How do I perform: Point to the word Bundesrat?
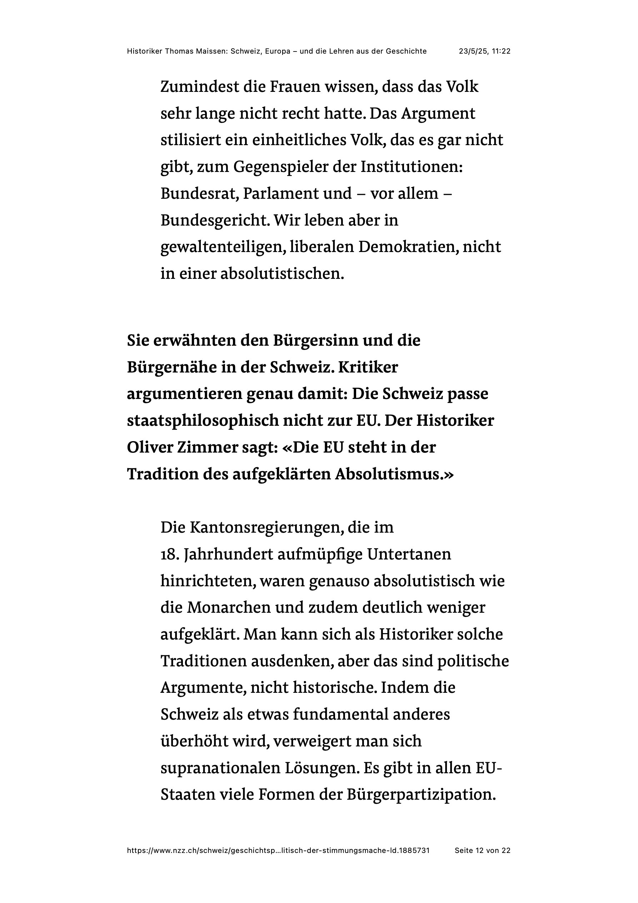(199, 193)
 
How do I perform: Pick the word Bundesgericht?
(215, 221)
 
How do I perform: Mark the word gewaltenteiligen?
(223, 247)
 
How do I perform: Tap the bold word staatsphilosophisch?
(203, 421)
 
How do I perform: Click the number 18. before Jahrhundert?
(170, 554)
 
